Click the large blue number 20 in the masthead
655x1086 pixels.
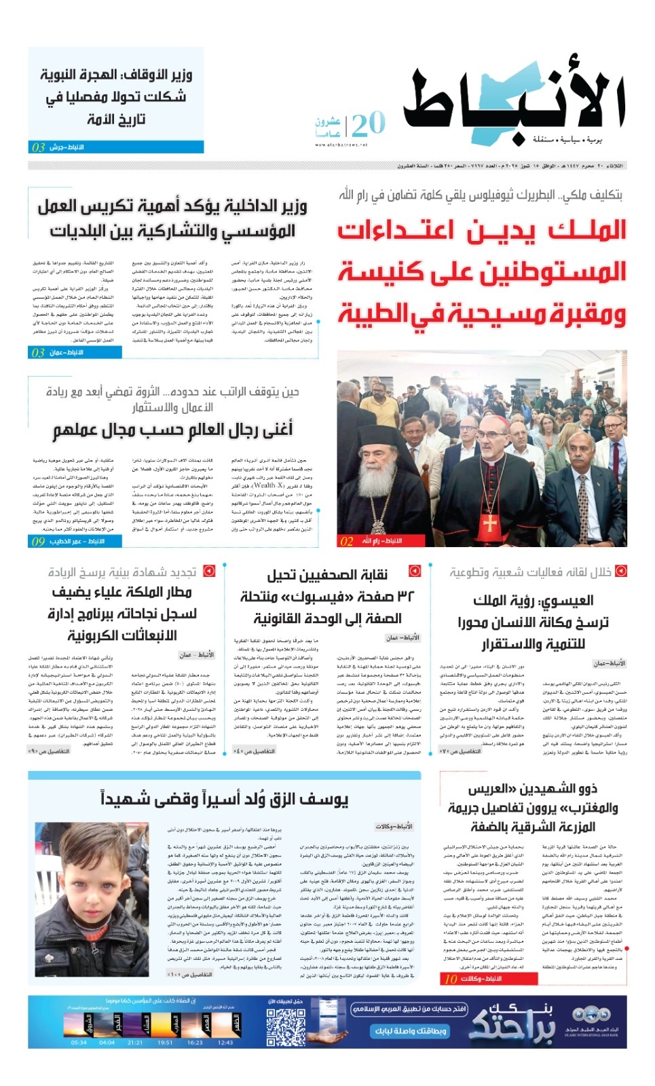(369, 124)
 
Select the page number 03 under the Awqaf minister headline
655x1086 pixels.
(39, 147)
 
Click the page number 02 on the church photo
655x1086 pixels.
(347, 541)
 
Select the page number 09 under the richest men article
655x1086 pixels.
(38, 541)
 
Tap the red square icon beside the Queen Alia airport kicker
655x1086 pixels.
(210, 572)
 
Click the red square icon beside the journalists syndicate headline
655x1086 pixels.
(415, 572)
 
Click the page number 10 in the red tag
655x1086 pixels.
(451, 979)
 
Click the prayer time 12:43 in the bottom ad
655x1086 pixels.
(226, 1043)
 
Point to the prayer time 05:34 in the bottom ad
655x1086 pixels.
(78, 1043)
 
